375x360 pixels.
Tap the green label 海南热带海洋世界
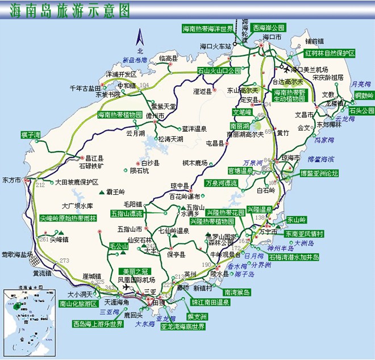[x=208, y=28]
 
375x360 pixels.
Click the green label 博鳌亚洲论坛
[x=319, y=173]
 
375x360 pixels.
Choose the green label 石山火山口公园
[x=219, y=71]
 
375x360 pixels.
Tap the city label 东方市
[x=11, y=180]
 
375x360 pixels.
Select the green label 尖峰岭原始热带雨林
[x=68, y=217]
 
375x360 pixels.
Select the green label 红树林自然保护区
[x=330, y=53]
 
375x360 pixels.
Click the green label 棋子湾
[x=31, y=135]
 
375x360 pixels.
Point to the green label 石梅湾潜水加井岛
[x=294, y=257]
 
